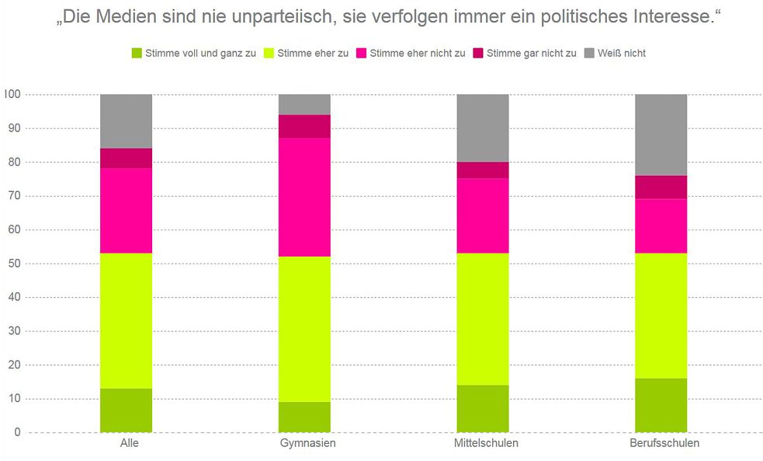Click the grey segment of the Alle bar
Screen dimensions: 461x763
(126, 120)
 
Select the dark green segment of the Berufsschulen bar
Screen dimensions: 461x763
(661, 405)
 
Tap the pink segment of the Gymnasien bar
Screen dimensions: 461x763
(304, 197)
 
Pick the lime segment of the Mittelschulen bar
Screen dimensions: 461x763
(482, 319)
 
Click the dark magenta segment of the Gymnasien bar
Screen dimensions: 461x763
(304, 126)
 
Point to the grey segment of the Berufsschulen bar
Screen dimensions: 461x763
(661, 134)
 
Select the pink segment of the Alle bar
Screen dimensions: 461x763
(126, 211)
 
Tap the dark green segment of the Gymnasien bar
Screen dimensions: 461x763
(304, 417)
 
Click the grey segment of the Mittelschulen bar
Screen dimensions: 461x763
(482, 127)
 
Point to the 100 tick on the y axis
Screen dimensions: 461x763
(12, 94)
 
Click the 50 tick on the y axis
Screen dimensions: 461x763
(15, 264)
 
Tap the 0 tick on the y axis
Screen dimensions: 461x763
(17, 432)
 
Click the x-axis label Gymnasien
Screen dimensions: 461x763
(304, 444)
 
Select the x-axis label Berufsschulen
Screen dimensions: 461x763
(661, 444)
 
